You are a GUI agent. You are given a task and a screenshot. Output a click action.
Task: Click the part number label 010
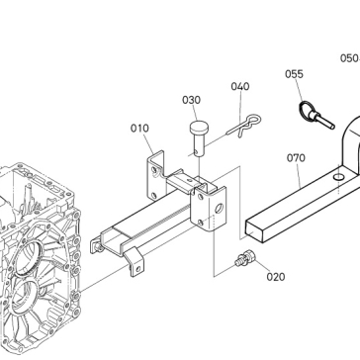(139, 129)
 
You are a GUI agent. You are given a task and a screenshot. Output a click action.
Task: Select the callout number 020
(276, 277)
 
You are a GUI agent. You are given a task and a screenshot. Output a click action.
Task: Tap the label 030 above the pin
(191, 100)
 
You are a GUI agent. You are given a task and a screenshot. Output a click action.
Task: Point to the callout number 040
(240, 86)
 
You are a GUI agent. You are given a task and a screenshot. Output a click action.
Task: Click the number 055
(294, 74)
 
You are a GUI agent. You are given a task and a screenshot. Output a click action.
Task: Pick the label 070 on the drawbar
(296, 158)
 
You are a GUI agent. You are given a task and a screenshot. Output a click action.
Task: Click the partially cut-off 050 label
(350, 58)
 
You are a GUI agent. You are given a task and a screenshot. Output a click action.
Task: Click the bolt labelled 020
(245, 259)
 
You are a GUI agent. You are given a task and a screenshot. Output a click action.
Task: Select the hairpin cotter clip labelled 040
(244, 126)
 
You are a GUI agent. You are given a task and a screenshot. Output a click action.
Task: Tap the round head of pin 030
(199, 127)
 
